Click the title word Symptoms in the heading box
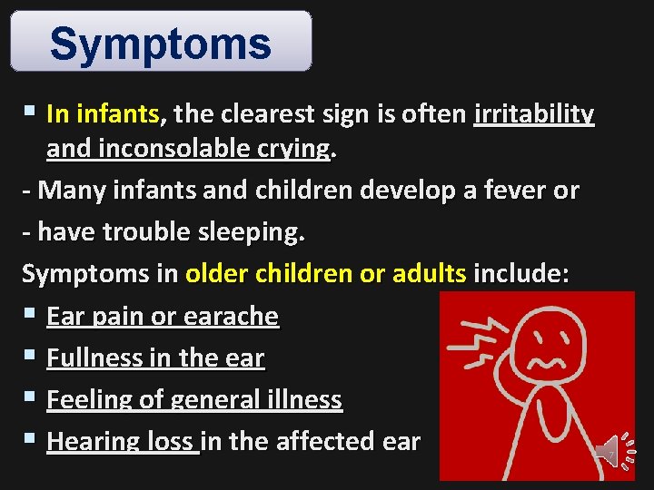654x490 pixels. [161, 43]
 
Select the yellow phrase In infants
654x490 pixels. [103, 114]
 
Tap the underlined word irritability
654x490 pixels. [534, 114]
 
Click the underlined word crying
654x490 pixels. [292, 149]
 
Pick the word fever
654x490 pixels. [512, 191]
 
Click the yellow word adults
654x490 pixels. [430, 274]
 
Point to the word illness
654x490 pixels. [299, 399]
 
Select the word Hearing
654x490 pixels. [90, 441]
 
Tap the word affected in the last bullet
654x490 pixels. [321, 441]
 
